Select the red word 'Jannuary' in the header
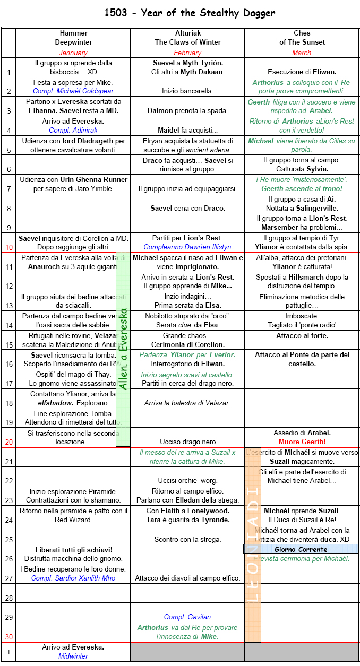pos(73,53)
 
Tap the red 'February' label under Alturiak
pos(187,53)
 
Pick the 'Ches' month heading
pos(302,33)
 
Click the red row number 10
pos(8,247)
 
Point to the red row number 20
pos(8,442)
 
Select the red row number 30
pos(8,636)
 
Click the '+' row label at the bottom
pos(8,651)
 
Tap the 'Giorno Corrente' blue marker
pos(301,549)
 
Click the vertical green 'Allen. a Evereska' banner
pos(123,349)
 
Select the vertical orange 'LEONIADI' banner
pos(253,544)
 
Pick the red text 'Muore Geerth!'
pos(302,442)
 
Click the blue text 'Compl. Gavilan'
pos(187,617)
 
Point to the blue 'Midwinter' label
pos(73,656)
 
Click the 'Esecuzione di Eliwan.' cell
pos(302,72)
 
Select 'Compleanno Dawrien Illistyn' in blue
pos(187,247)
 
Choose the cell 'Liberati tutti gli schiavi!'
pos(74,550)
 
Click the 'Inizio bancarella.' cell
pos(187,91)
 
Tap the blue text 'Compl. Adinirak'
pos(73,130)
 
